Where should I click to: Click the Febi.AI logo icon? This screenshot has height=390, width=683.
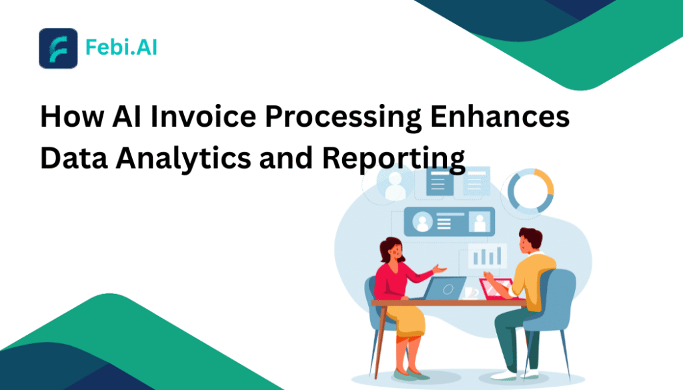[58, 48]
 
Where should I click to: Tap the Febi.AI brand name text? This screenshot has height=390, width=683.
[121, 48]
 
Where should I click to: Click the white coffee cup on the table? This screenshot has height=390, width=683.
[470, 293]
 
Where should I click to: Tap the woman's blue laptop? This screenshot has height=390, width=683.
[445, 288]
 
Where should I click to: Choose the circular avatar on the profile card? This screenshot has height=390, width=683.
[422, 223]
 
